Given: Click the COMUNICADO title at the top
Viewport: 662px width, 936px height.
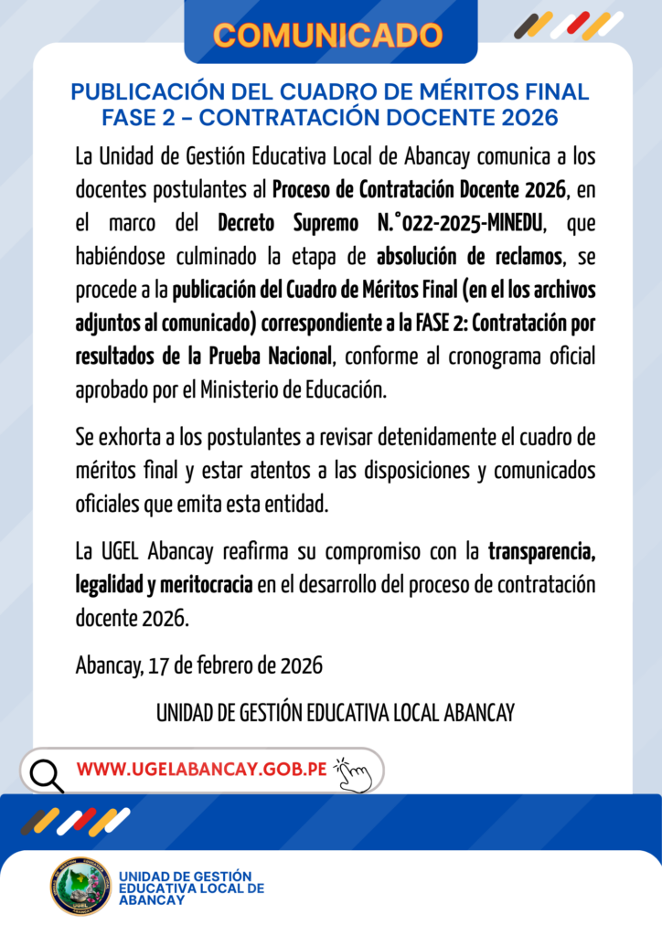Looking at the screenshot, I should point(329,34).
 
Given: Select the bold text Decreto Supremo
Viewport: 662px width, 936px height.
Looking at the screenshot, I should point(283,223).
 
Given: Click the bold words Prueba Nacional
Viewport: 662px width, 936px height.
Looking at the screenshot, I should point(272,356).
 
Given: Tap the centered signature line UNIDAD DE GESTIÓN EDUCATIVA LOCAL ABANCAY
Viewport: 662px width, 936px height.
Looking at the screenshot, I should point(336,712).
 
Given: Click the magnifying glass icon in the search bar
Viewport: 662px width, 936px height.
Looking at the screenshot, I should point(46,773).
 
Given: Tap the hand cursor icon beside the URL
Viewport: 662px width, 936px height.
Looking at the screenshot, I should point(354,774).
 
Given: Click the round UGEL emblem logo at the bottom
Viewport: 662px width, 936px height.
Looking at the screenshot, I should point(80,885).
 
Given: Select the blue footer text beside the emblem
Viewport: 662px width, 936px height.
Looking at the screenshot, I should point(190,888).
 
